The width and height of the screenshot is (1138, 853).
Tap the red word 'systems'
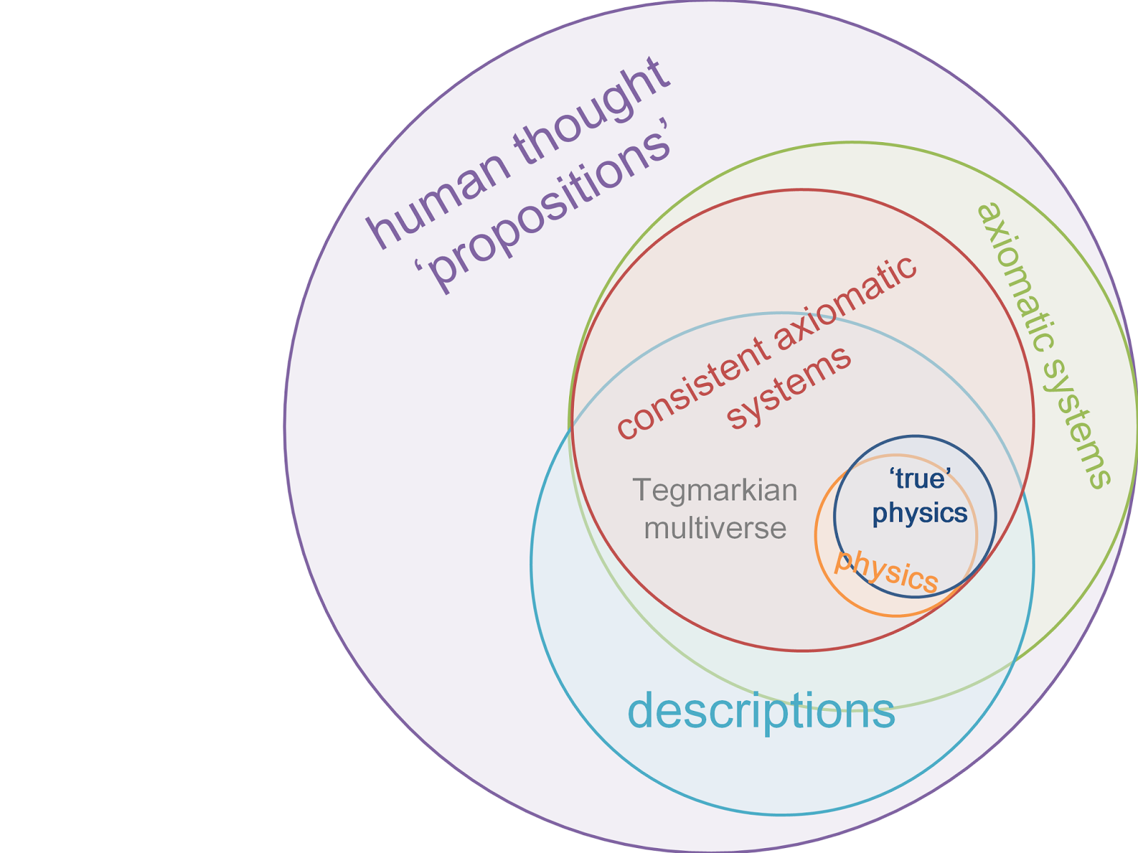789,387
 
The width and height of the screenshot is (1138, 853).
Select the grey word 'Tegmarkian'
715,490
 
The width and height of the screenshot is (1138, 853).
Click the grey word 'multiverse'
715,528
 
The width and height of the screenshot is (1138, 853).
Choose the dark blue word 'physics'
920,513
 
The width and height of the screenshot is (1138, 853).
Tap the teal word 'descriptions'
761,711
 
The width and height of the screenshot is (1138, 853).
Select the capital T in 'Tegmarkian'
641,490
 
